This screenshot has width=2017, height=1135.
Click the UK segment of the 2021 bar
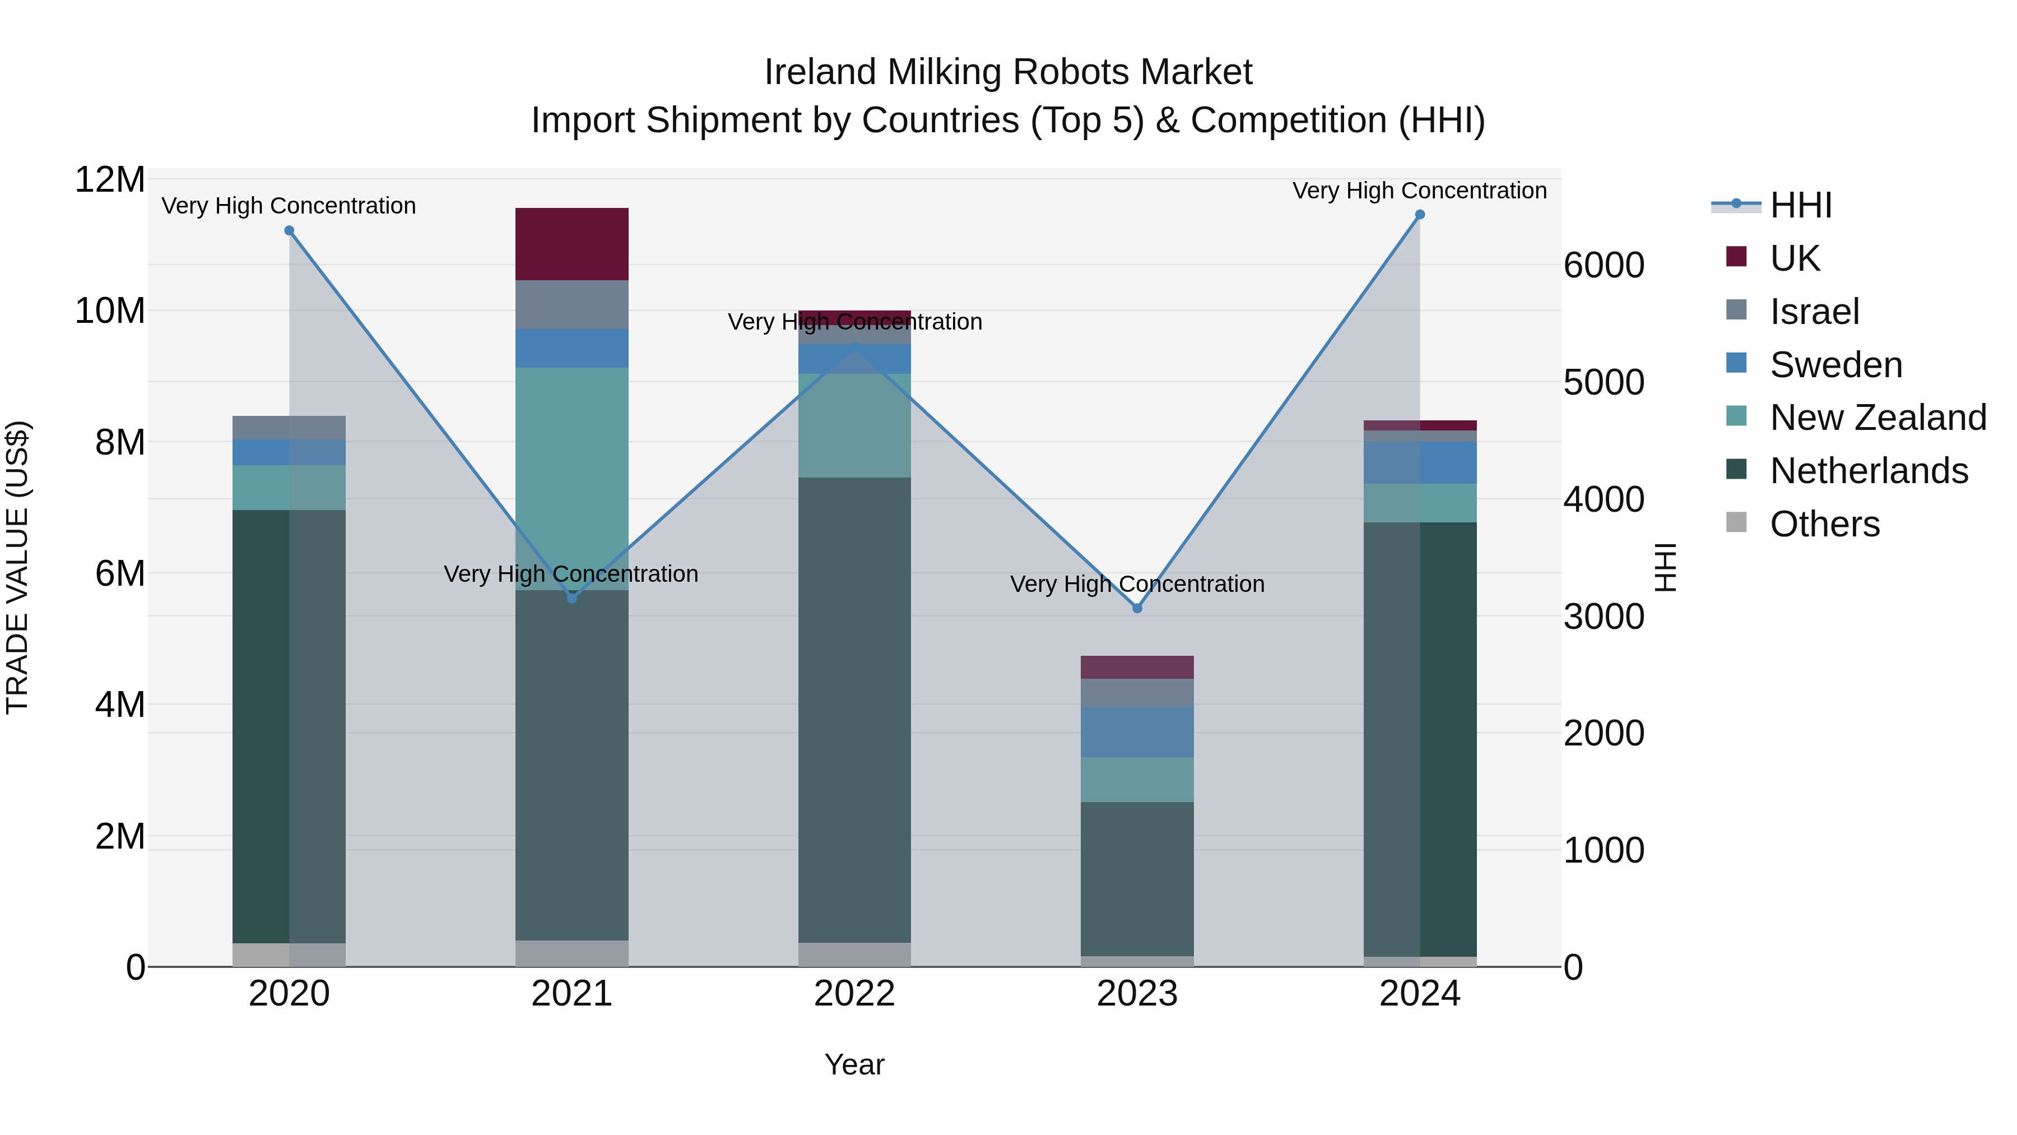tap(571, 244)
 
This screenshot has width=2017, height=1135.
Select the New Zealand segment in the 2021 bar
tap(571, 478)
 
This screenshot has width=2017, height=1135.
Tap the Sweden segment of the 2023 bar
tap(1137, 731)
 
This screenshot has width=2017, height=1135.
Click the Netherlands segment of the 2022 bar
tap(854, 709)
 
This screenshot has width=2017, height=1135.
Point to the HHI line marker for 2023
tap(1137, 608)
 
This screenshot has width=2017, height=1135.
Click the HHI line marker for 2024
tap(1420, 215)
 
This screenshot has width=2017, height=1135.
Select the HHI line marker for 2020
tap(289, 230)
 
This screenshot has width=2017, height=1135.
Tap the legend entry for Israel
tap(1814, 311)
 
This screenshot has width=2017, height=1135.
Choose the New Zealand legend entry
tap(1877, 418)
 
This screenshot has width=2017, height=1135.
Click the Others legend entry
tap(1824, 524)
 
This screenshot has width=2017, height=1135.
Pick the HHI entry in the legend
tap(1800, 205)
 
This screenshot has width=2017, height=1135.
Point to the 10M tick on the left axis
tap(110, 311)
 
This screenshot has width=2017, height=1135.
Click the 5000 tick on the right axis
tap(1604, 383)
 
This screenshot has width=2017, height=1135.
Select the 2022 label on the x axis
tap(854, 994)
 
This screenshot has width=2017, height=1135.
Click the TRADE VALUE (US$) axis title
tap(17, 567)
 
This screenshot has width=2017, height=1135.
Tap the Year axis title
tap(854, 1064)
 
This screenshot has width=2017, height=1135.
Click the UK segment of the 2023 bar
tap(1137, 668)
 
